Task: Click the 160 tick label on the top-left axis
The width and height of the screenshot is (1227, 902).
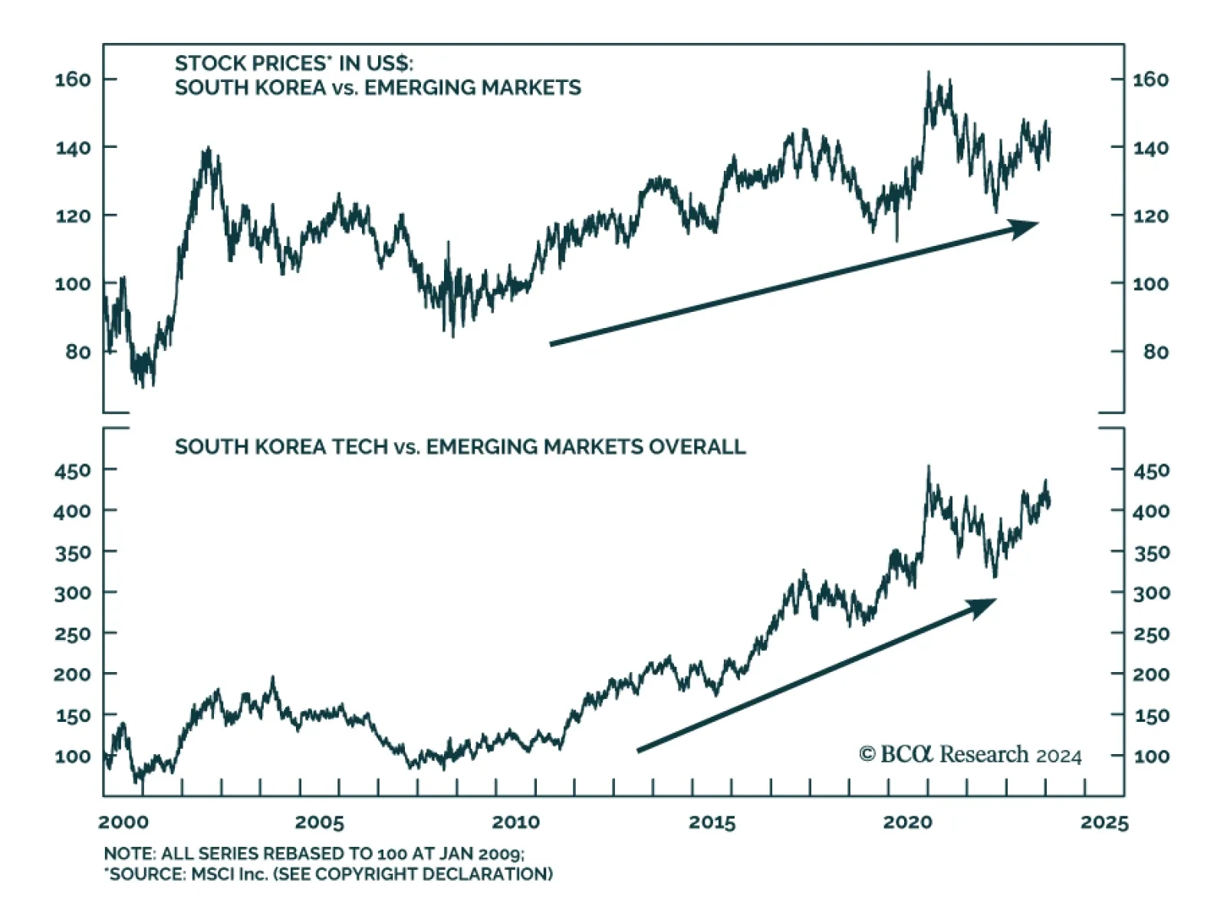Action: pyautogui.click(x=73, y=79)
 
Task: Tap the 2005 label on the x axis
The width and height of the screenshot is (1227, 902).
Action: pyautogui.click(x=319, y=822)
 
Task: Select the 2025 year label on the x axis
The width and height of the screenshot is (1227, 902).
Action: pyautogui.click(x=1104, y=822)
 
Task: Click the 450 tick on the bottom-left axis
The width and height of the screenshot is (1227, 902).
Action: pyautogui.click(x=73, y=470)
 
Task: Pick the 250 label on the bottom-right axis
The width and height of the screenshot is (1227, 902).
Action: pyautogui.click(x=1151, y=634)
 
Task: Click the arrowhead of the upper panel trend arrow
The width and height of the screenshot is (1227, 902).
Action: pyautogui.click(x=1025, y=227)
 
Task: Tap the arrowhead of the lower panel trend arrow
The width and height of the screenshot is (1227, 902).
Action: pyautogui.click(x=983, y=607)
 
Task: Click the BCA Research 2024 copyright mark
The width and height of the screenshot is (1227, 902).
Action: pyautogui.click(x=970, y=755)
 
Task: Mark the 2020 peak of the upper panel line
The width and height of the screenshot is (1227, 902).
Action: pyautogui.click(x=928, y=73)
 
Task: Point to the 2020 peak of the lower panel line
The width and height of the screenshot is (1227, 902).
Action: pyautogui.click(x=929, y=466)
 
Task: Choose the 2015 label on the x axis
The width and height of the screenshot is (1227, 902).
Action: pyautogui.click(x=712, y=822)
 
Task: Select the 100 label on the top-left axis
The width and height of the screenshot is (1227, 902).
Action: pyautogui.click(x=73, y=284)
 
